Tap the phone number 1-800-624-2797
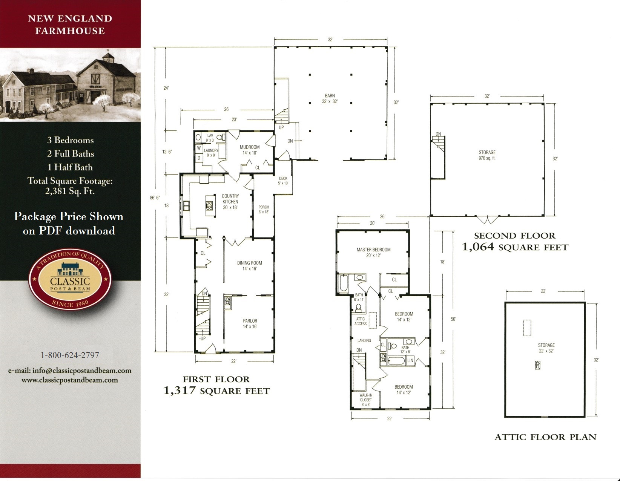click(70, 355)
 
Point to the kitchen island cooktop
click(209, 205)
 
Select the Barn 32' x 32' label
click(330, 98)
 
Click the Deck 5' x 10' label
click(283, 181)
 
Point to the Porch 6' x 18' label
click(264, 209)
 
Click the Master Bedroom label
click(373, 252)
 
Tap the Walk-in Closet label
click(365, 400)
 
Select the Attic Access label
click(361, 321)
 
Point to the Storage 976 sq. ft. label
click(487, 155)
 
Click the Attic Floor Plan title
click(545, 437)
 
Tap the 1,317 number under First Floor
click(180, 391)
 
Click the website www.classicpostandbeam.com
click(70, 380)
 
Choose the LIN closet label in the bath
click(410, 361)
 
